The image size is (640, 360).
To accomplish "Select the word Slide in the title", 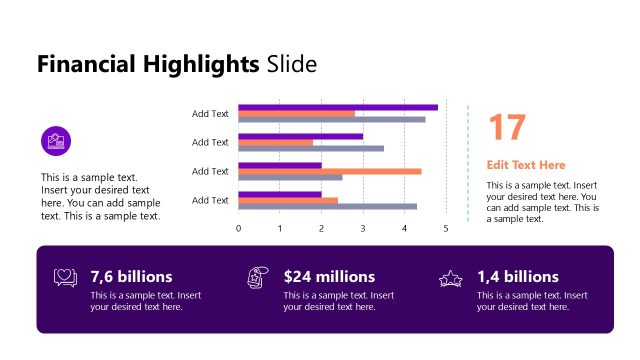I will tap(291, 66).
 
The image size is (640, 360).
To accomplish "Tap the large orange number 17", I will tap(506, 128).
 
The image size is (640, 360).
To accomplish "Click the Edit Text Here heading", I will tap(526, 165).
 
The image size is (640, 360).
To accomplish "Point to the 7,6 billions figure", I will tap(131, 276).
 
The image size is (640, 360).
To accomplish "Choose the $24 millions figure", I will tap(329, 276).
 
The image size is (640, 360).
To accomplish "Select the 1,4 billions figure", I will tap(517, 276).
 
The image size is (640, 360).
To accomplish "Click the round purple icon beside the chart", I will tap(56, 141).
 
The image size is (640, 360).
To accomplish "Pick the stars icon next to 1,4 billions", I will tap(451, 279).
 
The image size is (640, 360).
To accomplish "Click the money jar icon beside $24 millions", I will tap(257, 279).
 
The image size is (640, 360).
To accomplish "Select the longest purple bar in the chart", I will tap(338, 107).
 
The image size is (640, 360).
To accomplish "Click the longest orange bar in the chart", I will tap(330, 171).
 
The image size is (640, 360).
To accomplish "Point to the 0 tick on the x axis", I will tap(238, 229).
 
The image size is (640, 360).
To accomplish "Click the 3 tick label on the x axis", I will tap(363, 229).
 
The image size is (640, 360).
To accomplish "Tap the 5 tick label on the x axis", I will tap(445, 229).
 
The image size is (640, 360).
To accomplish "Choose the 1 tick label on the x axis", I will tap(280, 229).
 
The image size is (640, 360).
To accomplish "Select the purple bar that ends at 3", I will tap(301, 136).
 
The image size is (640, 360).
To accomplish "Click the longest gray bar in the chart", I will tap(332, 119).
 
